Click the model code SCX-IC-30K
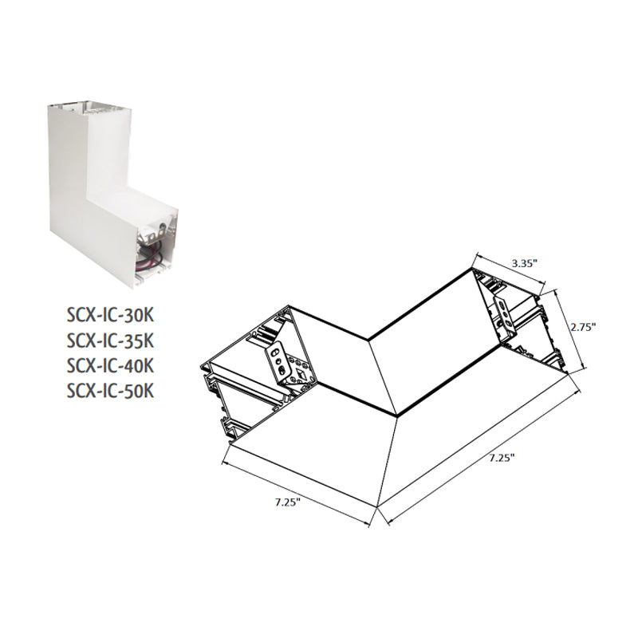pyautogui.click(x=110, y=314)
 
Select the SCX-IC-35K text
pyautogui.click(x=110, y=341)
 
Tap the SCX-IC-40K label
pyautogui.click(x=110, y=365)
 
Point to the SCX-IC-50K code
pyautogui.click(x=110, y=391)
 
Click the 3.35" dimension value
pyautogui.click(x=525, y=263)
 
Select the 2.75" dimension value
pyautogui.click(x=583, y=327)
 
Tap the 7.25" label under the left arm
pyautogui.click(x=287, y=502)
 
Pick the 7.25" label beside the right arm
pyautogui.click(x=502, y=458)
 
